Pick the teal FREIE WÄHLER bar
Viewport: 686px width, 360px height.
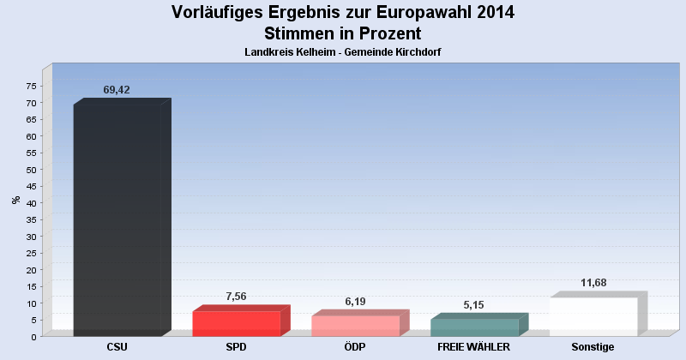click(474, 327)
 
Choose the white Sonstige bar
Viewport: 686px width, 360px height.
click(593, 316)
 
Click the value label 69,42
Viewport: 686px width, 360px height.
click(117, 90)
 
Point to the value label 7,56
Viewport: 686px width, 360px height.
click(236, 296)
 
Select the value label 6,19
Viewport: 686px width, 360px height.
click(355, 301)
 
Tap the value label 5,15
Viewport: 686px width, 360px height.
click(474, 304)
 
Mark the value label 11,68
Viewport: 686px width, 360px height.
click(593, 282)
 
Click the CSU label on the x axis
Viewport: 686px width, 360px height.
click(117, 347)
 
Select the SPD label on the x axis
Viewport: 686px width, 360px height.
click(237, 347)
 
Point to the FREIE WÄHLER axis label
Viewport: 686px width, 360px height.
click(474, 347)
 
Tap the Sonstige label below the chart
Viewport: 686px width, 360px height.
click(593, 347)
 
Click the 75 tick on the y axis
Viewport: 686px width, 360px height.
click(31, 86)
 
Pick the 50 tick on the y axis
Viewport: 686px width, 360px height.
click(31, 170)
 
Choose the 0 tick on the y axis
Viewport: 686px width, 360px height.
click(33, 337)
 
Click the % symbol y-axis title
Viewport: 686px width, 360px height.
click(15, 200)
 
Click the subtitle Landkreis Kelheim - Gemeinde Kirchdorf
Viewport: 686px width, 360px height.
click(343, 52)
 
